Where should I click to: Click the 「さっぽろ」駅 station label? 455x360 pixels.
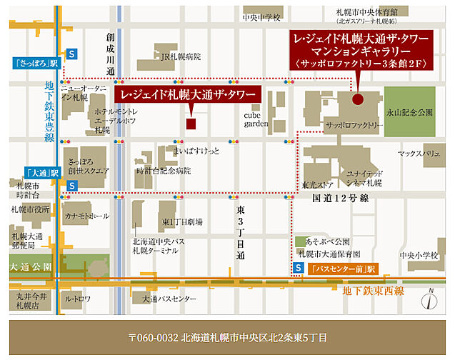pos(34,63)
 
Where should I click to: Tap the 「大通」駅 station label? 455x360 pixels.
pos(34,173)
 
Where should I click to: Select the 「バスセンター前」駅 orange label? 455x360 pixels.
pos(338,269)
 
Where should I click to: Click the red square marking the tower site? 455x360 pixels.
pos(191,124)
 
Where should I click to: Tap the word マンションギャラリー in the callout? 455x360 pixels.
pos(358,51)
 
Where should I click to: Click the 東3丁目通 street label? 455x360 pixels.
pos(240,233)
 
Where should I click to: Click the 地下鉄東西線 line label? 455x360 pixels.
pos(374,290)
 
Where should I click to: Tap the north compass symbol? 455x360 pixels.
pos(430,298)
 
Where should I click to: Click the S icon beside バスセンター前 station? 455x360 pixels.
pos(297,269)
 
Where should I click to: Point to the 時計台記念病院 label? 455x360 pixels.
pos(164,171)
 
